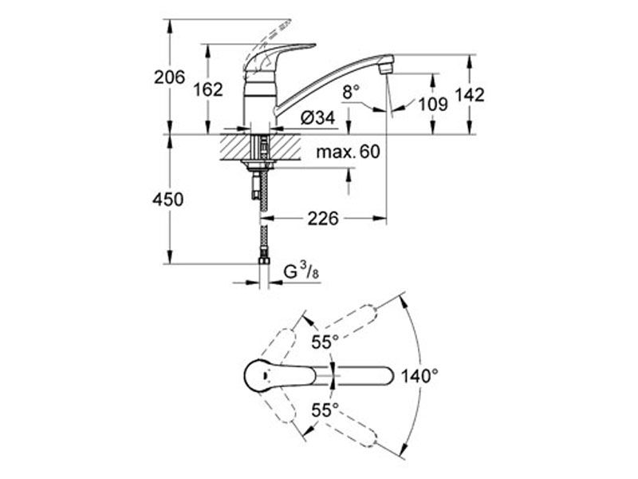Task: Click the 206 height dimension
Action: pos(169,77)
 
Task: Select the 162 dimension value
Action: pos(208,89)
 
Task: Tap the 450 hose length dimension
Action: pos(168,200)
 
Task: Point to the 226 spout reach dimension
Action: pos(323,219)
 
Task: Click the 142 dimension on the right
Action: pos(469,95)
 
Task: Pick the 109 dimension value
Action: pos(433,105)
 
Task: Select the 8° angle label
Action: pos(351,92)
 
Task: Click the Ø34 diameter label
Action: pos(317,118)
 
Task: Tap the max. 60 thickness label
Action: pos(348,152)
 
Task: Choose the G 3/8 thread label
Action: pos(301,271)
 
